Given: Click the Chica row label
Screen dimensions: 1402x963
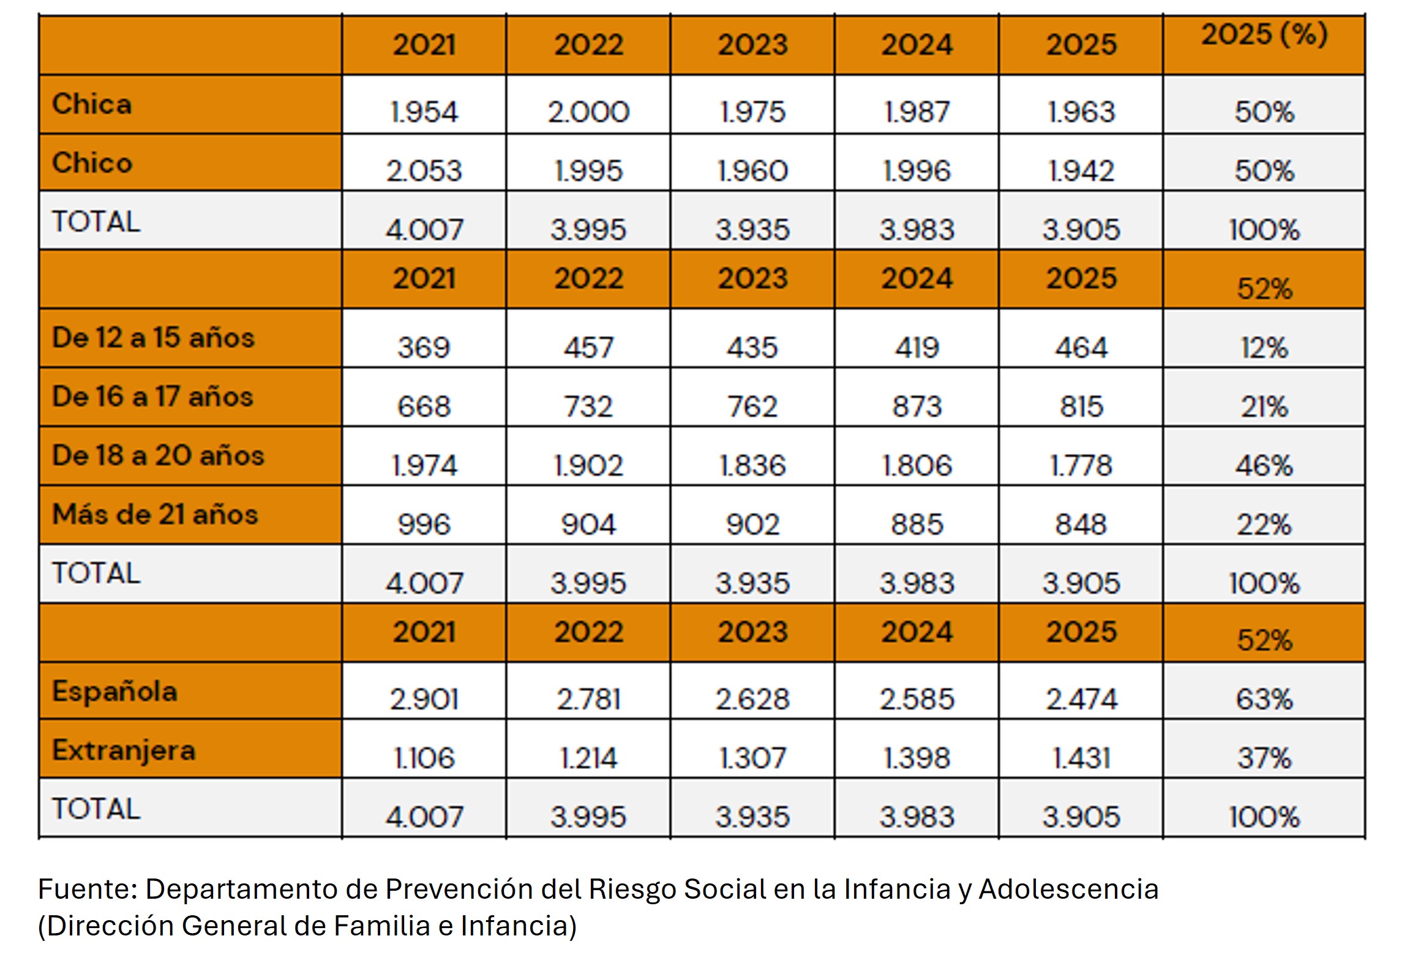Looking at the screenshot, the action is click(x=92, y=103).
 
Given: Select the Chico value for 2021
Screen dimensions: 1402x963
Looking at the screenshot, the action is click(x=424, y=170).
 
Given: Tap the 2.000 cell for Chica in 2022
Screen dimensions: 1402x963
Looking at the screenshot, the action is click(x=588, y=111).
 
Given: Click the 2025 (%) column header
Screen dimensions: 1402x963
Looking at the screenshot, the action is click(x=1264, y=34).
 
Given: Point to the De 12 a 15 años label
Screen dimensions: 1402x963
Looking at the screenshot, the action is click(x=153, y=337).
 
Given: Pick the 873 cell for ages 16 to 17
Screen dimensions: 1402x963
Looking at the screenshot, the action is click(x=917, y=406).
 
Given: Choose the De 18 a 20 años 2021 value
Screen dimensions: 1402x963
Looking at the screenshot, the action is click(x=424, y=465).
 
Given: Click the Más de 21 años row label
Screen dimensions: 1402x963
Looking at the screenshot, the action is click(x=155, y=514).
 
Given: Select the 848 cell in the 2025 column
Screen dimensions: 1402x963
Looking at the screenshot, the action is click(x=1081, y=524).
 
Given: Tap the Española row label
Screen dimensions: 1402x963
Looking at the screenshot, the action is click(x=114, y=691).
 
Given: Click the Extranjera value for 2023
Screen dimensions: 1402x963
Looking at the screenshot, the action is click(x=752, y=758).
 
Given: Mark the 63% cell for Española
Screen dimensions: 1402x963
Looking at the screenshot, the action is click(x=1264, y=699).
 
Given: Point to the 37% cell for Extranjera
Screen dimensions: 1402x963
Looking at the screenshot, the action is click(x=1264, y=758).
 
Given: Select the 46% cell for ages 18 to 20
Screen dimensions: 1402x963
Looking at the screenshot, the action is click(x=1264, y=465).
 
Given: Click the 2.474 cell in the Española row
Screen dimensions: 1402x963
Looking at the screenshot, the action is click(x=1081, y=699).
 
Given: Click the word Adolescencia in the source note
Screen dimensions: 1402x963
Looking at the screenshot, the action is click(x=1068, y=889).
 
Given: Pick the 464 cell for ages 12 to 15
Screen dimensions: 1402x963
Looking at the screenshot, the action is click(x=1081, y=347).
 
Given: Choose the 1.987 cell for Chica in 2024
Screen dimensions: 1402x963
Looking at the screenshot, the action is click(x=917, y=111).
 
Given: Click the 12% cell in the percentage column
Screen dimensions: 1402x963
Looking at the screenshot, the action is click(x=1264, y=347).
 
